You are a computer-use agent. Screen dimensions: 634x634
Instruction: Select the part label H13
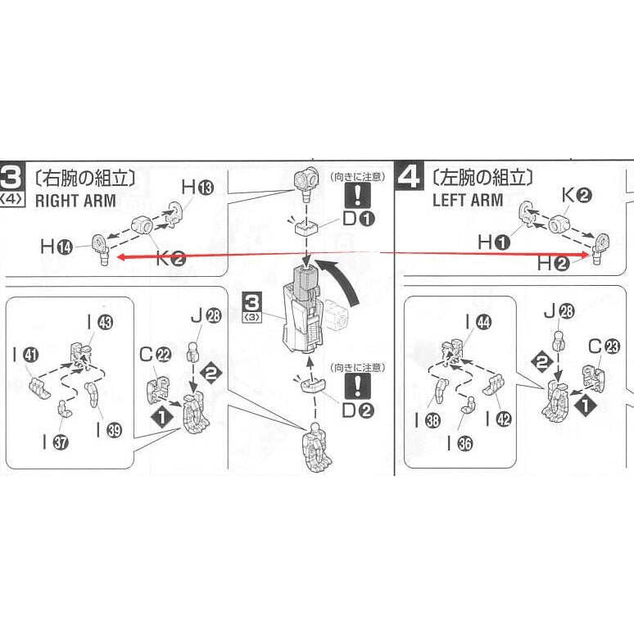pyautogui.click(x=197, y=188)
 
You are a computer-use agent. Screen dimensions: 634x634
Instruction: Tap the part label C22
pyautogui.click(x=153, y=354)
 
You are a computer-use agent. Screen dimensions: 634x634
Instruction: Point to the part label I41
pyautogui.click(x=25, y=356)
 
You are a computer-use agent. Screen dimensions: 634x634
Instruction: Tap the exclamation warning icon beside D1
pyautogui.click(x=359, y=196)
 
